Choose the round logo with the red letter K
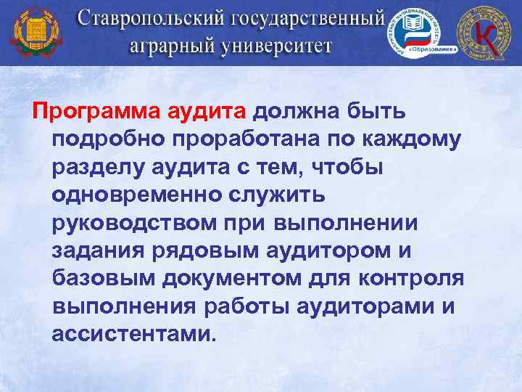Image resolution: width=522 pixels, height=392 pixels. [487, 33]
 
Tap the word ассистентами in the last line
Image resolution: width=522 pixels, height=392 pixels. [134, 334]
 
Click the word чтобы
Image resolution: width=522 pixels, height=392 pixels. [339, 168]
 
